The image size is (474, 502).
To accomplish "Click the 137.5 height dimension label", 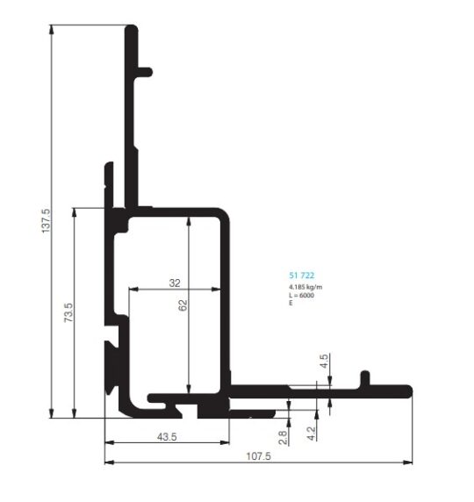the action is (46, 220).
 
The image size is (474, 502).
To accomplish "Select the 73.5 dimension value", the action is (68, 312).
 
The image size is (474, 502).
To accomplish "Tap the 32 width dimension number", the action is (175, 283).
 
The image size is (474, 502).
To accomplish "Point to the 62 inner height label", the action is (183, 305).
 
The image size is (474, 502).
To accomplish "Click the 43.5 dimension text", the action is (167, 437).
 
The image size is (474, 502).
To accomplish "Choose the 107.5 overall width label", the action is (258, 456).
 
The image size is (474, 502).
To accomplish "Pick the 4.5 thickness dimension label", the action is (324, 361).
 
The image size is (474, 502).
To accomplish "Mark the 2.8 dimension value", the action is (283, 437).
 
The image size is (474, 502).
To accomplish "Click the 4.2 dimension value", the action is (311, 434).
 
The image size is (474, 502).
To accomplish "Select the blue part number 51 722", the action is (301, 276).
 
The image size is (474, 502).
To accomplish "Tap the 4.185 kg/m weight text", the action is (305, 287).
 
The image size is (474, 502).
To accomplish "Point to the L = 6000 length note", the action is (301, 295).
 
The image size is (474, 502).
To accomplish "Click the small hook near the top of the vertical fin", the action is (145, 72).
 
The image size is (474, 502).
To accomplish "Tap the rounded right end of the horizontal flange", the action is (408, 391).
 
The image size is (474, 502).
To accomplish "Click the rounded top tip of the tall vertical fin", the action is (132, 28).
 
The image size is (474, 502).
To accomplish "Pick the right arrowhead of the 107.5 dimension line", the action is (407, 463).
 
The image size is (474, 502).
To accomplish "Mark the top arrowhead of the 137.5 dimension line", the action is (51, 30).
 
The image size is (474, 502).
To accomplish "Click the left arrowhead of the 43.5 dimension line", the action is (110, 443).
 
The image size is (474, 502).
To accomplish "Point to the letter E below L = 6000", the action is (291, 303).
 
